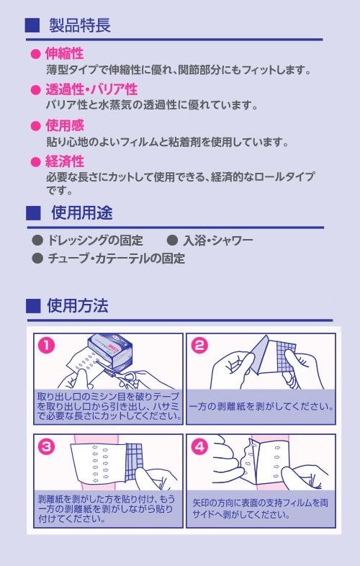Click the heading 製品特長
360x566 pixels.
(x=80, y=25)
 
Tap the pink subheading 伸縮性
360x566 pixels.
(x=64, y=54)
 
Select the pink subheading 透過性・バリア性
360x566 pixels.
(x=91, y=89)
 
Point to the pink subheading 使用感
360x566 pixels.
(x=65, y=125)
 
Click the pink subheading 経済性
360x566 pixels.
(x=65, y=161)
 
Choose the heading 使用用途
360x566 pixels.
(x=82, y=212)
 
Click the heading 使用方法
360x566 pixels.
(x=78, y=305)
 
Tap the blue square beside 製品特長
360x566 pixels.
(x=32, y=25)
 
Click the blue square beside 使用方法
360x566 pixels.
(x=33, y=306)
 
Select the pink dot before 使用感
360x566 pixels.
(x=36, y=126)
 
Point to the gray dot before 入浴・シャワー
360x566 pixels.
(x=172, y=240)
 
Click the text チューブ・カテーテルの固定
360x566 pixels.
(x=116, y=259)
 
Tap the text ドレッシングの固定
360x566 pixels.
(x=95, y=240)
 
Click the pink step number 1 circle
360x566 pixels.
(x=47, y=346)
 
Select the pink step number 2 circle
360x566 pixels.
(x=199, y=346)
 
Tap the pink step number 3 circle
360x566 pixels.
(x=47, y=447)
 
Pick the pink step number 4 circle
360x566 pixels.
(x=199, y=447)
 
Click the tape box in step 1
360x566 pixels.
(x=110, y=351)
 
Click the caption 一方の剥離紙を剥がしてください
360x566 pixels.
(x=261, y=406)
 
